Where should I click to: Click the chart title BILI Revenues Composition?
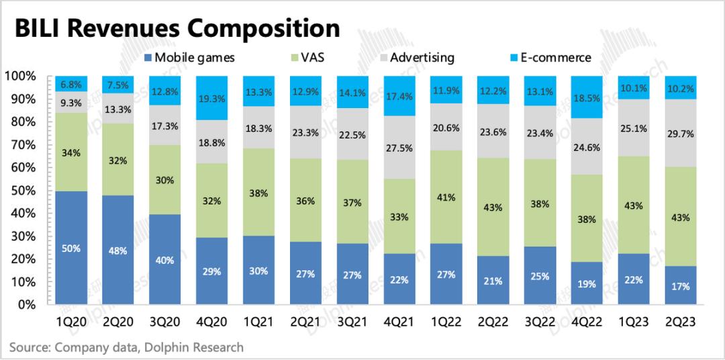coord(177,28)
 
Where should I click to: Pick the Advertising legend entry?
coord(416,57)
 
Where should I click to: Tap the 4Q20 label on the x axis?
coord(213,321)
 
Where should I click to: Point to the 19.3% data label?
coord(213,97)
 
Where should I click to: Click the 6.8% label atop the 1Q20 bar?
coord(72,85)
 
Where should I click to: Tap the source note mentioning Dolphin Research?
coord(126,347)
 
